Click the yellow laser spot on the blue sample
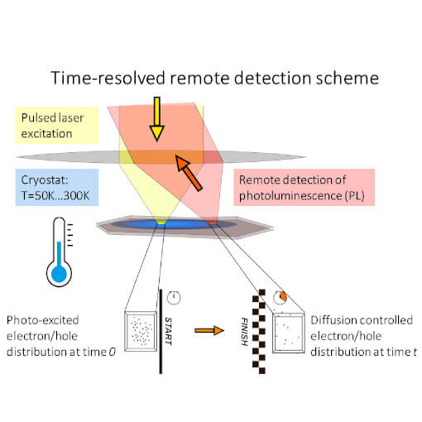tap(162, 223)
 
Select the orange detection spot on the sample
tap(213, 223)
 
